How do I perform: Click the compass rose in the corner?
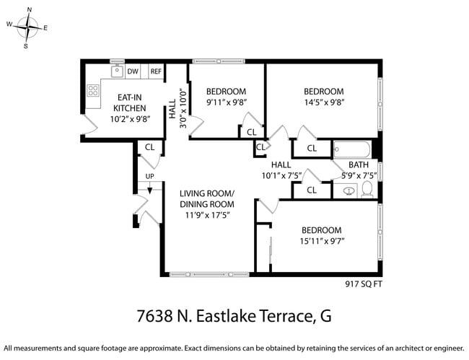(27, 27)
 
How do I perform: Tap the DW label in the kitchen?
(133, 71)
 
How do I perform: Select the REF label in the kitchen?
(156, 71)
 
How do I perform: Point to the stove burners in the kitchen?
(93, 91)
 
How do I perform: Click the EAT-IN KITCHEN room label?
(129, 102)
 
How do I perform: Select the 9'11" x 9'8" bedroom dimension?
(226, 103)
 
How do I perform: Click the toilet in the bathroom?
(367, 190)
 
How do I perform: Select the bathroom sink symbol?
(349, 191)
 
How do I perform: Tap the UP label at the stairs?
(150, 176)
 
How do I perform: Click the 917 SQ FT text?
(364, 284)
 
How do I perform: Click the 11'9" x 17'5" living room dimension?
(206, 214)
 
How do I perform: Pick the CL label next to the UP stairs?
(150, 146)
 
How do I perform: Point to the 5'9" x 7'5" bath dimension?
(359, 175)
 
